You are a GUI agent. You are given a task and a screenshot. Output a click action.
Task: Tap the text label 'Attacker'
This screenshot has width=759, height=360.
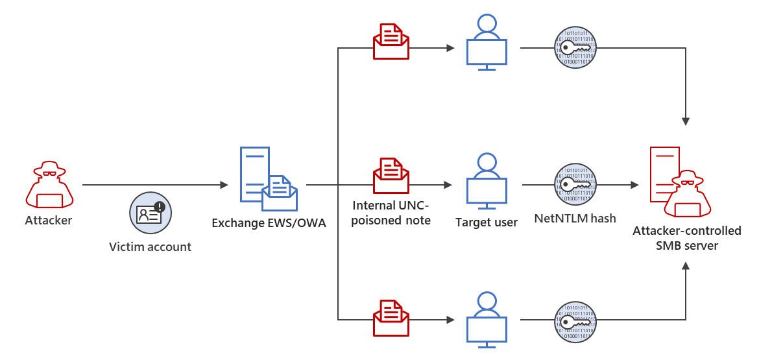click(x=49, y=221)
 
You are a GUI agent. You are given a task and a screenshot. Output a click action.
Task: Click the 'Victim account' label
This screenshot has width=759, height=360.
click(x=150, y=246)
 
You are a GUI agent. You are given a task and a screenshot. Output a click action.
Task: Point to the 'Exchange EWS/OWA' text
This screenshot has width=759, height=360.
click(x=268, y=224)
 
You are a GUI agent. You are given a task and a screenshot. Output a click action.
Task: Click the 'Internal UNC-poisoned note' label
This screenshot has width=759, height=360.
click(x=391, y=213)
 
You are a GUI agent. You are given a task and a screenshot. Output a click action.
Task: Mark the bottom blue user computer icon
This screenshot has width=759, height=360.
click(x=487, y=318)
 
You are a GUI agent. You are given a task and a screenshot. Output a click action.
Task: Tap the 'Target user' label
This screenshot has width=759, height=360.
click(x=487, y=222)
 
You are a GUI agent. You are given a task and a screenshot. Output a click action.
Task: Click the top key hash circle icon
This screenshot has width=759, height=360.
click(x=575, y=48)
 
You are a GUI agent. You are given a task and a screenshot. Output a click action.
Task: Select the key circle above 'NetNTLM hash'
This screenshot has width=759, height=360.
click(x=575, y=185)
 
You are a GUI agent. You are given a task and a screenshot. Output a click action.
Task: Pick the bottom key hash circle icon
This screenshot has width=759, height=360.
click(x=575, y=322)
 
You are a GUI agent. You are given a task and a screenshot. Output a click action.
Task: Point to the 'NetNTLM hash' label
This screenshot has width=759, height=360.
click(x=575, y=219)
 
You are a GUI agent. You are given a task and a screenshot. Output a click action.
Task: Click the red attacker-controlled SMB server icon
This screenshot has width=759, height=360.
click(x=678, y=182)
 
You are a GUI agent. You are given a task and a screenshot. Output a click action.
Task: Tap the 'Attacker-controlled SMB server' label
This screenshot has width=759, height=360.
click(x=687, y=238)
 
